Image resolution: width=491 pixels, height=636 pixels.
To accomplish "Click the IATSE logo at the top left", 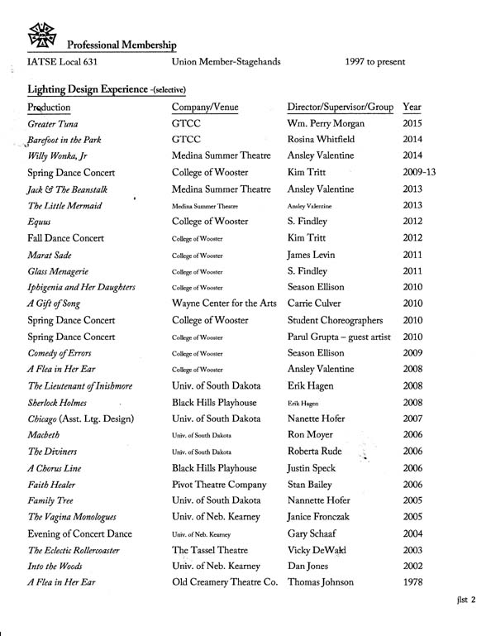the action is [41, 31].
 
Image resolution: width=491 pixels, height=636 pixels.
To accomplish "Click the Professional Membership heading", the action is [122, 43].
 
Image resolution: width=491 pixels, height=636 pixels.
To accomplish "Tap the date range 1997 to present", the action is [375, 62].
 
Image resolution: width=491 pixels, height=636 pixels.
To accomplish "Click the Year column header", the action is [412, 108].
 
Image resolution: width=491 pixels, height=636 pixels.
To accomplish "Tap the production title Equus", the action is [42, 221].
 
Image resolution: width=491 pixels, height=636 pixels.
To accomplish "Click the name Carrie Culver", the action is [322, 304].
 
